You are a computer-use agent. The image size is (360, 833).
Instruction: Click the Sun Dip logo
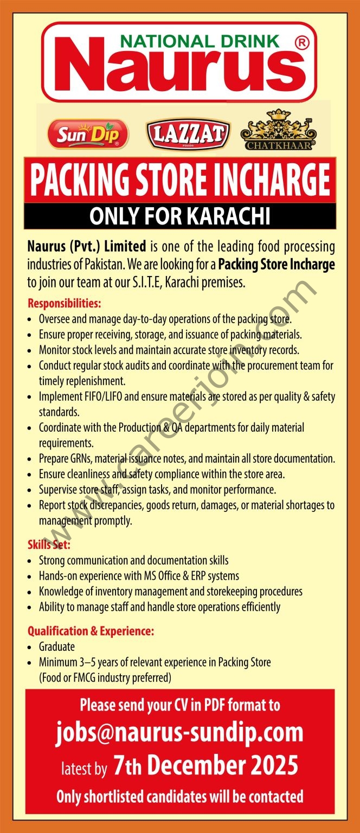coord(88,134)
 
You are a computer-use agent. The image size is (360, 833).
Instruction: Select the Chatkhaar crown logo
coord(278,130)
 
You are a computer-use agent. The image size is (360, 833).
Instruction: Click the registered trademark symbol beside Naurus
coord(301,44)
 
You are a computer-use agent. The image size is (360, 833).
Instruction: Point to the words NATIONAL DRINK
coord(200,41)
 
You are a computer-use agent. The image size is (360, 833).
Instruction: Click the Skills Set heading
coord(49,544)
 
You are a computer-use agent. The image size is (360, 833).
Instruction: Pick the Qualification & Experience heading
coord(91,631)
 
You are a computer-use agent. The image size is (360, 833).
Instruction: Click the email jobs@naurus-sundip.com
coord(179,733)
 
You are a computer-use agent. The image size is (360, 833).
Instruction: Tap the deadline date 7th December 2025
coord(205,766)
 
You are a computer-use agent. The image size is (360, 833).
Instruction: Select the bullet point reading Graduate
coord(56,646)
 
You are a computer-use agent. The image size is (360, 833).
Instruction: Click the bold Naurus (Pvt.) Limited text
coord(87,247)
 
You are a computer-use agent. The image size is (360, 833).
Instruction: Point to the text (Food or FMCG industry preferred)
coord(105,677)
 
